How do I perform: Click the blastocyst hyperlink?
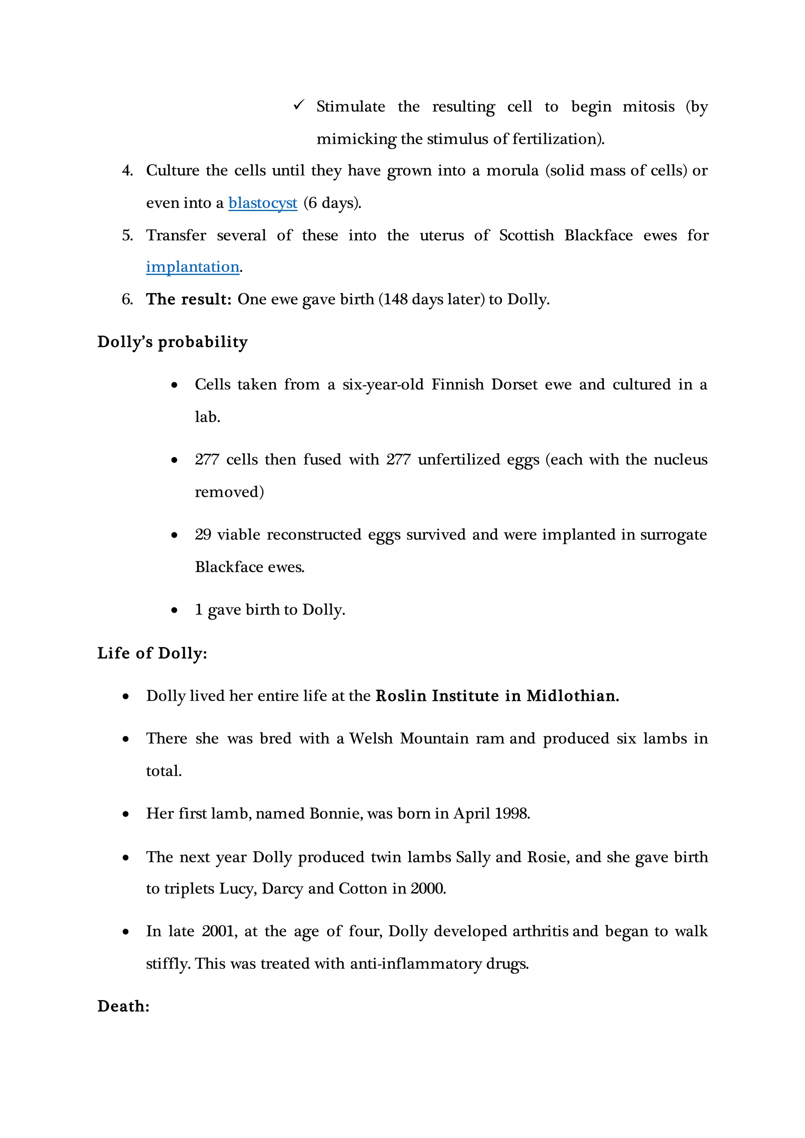pyautogui.click(x=263, y=203)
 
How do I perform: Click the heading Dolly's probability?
pyautogui.click(x=172, y=342)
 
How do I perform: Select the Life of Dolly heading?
pyautogui.click(x=152, y=653)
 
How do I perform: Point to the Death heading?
pyautogui.click(x=123, y=1006)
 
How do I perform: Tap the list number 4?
pyautogui.click(x=127, y=171)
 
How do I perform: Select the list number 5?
pyautogui.click(x=127, y=235)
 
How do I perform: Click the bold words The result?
pyautogui.click(x=188, y=299)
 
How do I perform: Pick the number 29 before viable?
pyautogui.click(x=203, y=534)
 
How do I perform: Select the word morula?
pyautogui.click(x=512, y=171)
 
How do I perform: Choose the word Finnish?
pyautogui.click(x=457, y=384)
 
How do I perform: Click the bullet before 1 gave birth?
pyautogui.click(x=174, y=610)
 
